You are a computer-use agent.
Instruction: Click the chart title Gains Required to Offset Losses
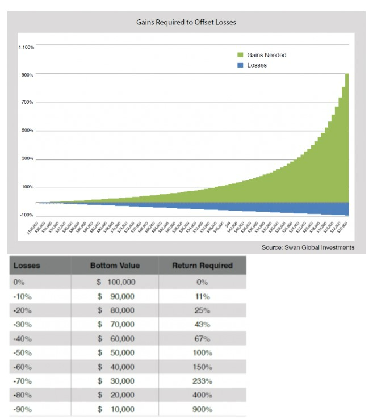click(186, 23)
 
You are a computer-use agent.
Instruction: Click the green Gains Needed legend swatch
click(240, 56)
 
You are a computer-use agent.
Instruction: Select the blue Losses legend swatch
click(240, 65)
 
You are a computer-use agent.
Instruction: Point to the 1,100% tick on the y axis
click(26, 47)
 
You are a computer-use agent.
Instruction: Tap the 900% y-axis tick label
click(28, 75)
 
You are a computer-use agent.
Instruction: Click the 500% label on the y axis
click(28, 131)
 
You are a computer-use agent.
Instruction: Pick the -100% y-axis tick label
click(27, 215)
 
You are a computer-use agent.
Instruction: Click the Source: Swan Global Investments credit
click(308, 247)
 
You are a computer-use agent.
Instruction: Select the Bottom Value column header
click(115, 266)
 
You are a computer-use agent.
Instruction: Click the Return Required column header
click(202, 266)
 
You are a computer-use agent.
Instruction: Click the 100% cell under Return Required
click(202, 353)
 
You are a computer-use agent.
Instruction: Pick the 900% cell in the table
click(202, 409)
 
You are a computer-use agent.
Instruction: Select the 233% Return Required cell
click(202, 381)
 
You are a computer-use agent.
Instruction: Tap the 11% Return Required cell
click(202, 296)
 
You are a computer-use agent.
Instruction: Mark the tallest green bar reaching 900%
click(346, 136)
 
